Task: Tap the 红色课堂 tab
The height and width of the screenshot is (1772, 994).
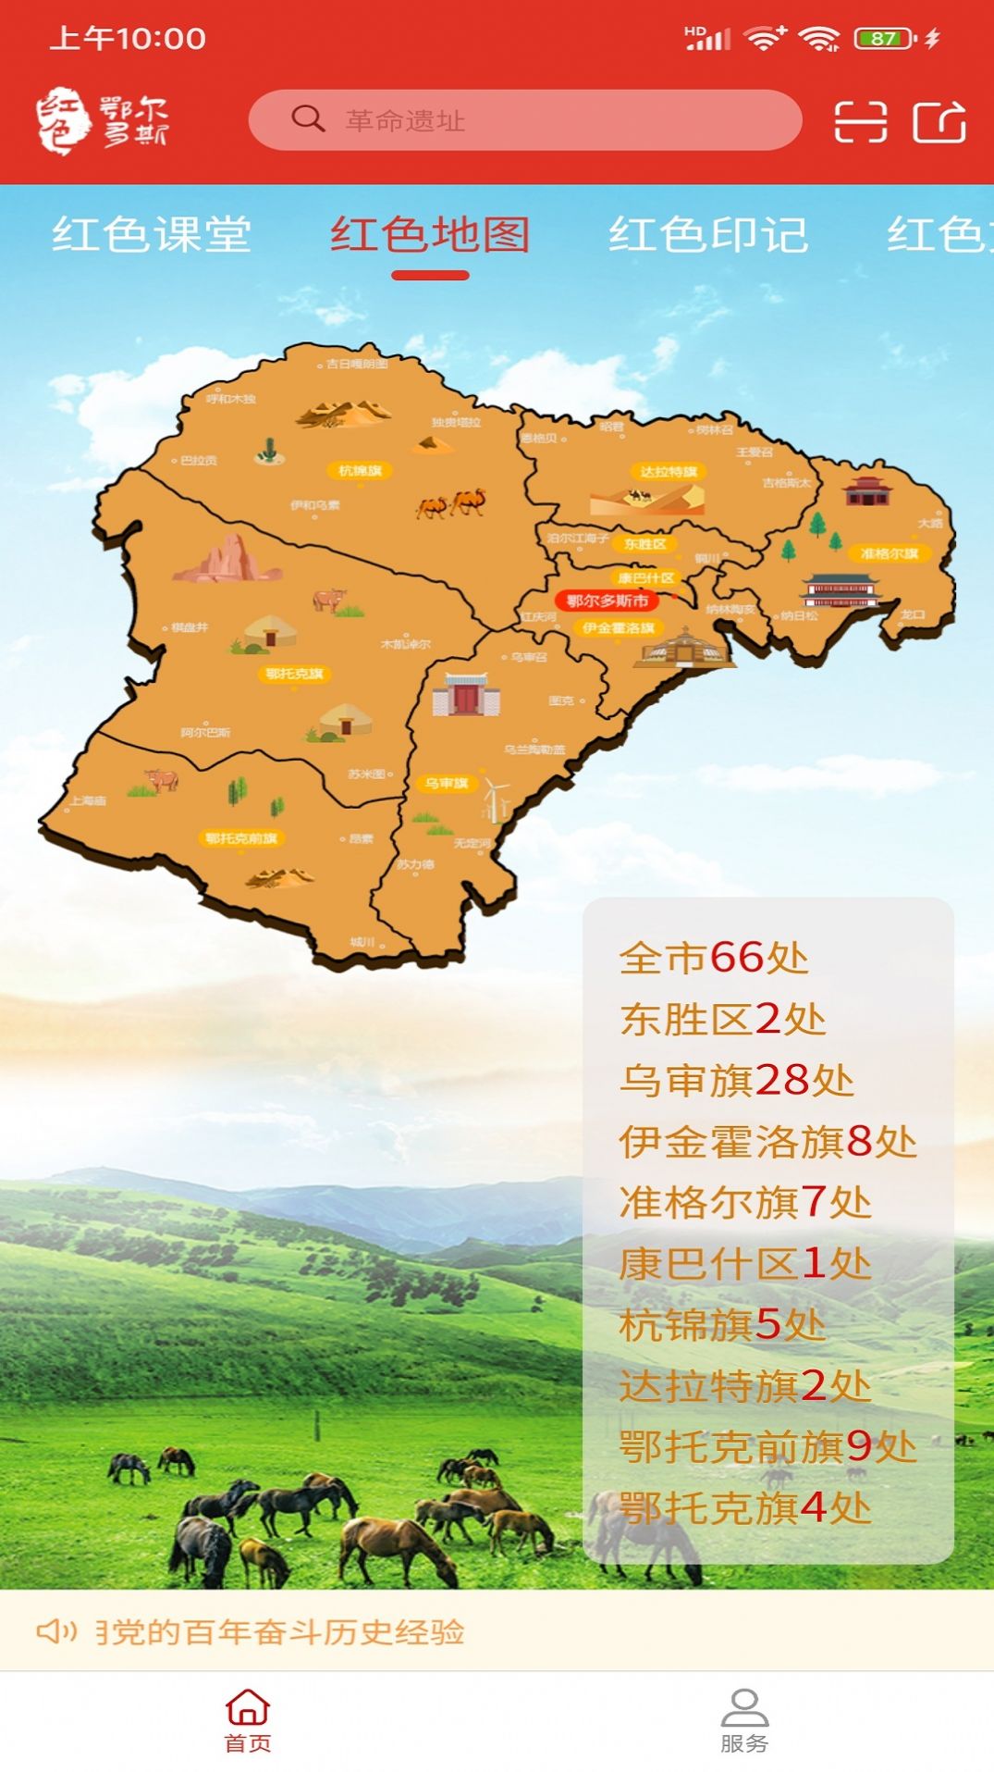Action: point(152,235)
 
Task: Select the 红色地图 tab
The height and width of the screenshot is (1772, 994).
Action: point(430,235)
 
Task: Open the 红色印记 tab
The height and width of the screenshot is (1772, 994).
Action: point(708,235)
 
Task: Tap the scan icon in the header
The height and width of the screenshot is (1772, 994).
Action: point(860,121)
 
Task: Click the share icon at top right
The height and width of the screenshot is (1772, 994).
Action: point(939,121)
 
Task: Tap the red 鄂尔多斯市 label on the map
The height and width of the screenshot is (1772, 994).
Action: point(607,601)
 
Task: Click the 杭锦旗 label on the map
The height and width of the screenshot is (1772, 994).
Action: point(360,471)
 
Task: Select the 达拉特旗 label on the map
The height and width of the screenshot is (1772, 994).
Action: point(669,472)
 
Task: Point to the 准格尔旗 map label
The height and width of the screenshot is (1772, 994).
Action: point(890,553)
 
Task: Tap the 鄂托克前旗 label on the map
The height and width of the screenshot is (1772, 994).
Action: point(241,838)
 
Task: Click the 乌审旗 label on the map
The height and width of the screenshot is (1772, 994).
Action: point(447,784)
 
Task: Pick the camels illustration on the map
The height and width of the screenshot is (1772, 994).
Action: point(452,502)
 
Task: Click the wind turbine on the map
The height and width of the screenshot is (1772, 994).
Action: point(497,799)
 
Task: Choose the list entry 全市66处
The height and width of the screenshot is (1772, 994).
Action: point(714,958)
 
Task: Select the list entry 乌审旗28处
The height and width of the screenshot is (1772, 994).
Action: point(736,1080)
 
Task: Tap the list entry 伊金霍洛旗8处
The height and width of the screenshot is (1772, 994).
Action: point(767,1141)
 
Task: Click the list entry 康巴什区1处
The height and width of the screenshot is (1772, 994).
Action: point(744,1263)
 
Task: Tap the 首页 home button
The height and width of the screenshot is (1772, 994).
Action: point(248,1720)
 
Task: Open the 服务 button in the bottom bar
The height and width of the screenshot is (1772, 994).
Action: point(744,1720)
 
